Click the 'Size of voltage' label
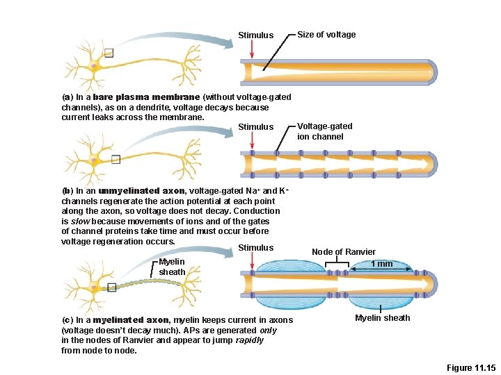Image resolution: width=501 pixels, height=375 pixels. point(326,35)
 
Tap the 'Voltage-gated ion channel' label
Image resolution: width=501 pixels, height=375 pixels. point(325,131)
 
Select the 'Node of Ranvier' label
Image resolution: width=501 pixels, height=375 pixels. point(343,251)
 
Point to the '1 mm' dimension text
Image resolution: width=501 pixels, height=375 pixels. point(381,264)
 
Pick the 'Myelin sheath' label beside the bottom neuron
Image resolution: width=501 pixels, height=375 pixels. point(172,267)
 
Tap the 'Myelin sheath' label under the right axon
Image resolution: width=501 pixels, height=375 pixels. point(382,318)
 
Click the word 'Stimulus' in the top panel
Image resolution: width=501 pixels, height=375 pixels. point(255,35)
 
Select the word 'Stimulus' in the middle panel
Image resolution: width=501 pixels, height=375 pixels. point(255,127)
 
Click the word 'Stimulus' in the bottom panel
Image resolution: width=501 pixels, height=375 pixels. point(255,248)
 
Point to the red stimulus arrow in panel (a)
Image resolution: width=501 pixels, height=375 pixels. point(251,49)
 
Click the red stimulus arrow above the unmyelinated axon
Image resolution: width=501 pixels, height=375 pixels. point(251,142)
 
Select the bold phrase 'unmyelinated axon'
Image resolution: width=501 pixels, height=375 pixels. point(141,191)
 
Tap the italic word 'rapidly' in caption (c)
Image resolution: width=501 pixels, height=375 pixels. point(249,340)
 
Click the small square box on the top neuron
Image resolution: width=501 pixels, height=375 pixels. point(108,52)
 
